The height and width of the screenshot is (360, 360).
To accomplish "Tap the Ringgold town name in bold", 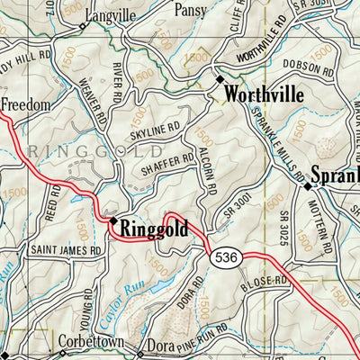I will click(154, 229).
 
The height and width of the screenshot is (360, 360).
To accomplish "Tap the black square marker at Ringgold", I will click(113, 220).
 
